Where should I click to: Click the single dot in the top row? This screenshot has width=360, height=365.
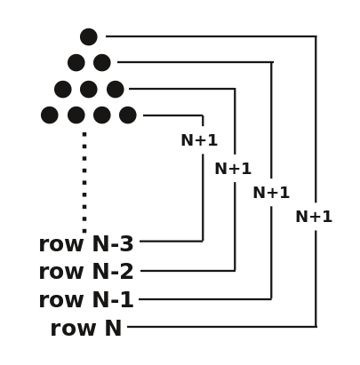pos(89,36)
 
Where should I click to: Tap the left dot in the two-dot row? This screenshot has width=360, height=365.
pos(76,62)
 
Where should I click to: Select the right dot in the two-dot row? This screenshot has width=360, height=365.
pos(102,62)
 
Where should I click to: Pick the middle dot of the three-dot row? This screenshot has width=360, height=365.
pos(89,89)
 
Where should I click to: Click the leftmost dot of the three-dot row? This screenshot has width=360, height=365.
pos(63,89)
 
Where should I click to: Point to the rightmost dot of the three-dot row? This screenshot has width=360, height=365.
pos(116,89)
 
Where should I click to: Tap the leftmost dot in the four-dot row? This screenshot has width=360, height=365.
pos(50,115)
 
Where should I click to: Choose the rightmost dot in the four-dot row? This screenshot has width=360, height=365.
pos(128,115)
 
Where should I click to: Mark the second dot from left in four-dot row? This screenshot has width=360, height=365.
pos(76,115)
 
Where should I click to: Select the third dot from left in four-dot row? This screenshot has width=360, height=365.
pos(102,115)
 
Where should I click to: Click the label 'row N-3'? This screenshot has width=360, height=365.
pos(86,244)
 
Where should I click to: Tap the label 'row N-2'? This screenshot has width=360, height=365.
pos(86,272)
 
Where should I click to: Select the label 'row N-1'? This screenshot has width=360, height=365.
pos(86,300)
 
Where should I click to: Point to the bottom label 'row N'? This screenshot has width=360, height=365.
pos(86,329)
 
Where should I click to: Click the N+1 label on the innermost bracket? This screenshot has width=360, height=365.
pos(199,140)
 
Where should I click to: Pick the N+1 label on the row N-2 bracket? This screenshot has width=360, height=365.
pos(233,169)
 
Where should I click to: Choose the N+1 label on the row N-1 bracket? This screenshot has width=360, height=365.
pos(271,193)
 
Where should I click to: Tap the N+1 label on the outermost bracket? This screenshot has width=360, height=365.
pos(314,217)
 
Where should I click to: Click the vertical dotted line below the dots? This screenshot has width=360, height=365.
pos(84,182)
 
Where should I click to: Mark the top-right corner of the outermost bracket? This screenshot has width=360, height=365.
pos(316,36)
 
